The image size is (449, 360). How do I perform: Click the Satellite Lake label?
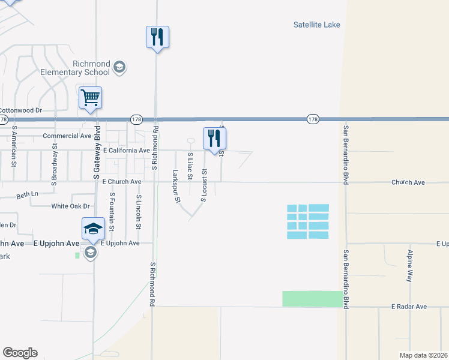point(316,25)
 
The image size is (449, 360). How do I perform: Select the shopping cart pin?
point(90,98)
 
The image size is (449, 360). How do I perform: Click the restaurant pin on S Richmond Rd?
point(157,37)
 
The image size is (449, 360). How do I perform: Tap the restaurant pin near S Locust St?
point(214,139)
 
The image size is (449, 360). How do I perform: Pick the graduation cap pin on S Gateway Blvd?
point(94,228)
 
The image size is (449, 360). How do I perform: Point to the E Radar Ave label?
point(409,307)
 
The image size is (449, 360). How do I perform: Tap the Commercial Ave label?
point(67,136)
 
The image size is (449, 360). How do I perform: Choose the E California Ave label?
point(127,151)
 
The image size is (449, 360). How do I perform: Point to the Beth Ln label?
point(27,194)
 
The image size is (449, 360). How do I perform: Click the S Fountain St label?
point(112,206)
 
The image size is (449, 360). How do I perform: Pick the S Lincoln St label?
point(139,212)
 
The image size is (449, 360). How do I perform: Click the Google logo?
point(20,353)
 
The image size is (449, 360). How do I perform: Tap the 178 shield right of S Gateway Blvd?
point(136,119)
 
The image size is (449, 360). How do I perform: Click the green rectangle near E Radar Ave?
point(311,299)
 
